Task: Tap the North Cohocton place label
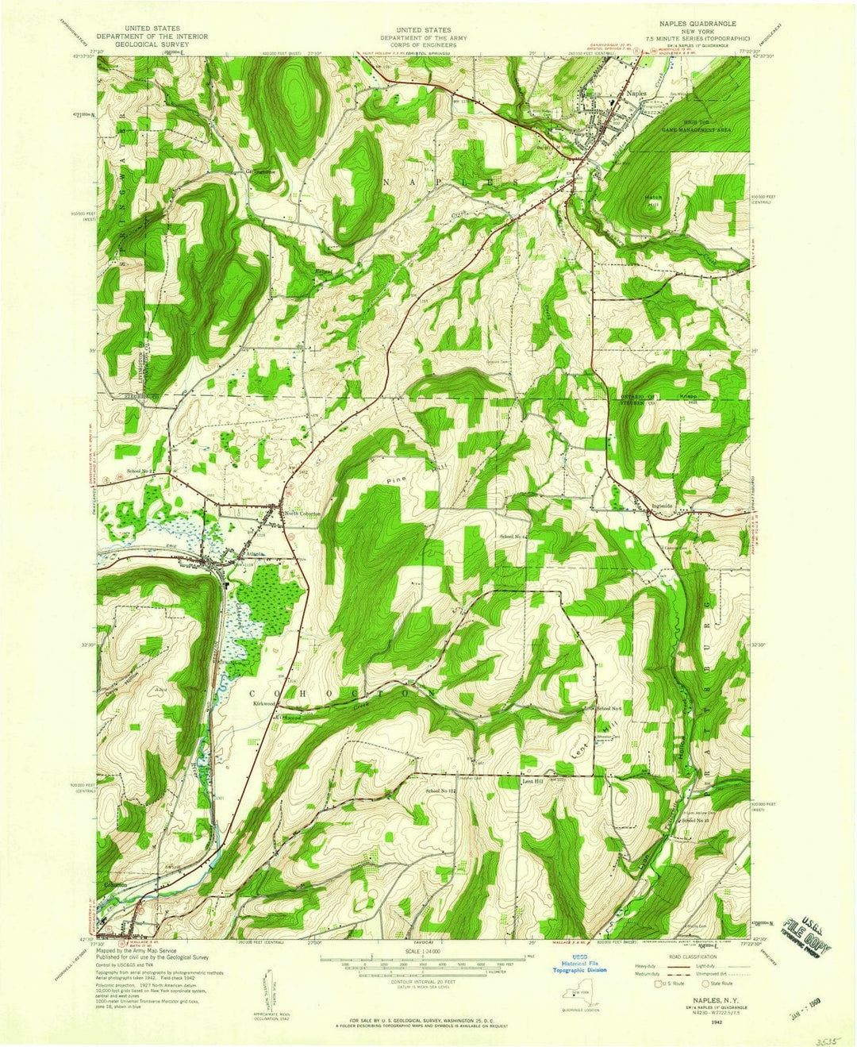303,514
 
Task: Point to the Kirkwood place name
263,703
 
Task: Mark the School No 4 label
513,537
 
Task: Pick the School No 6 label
608,707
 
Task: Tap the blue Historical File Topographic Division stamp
580,966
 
